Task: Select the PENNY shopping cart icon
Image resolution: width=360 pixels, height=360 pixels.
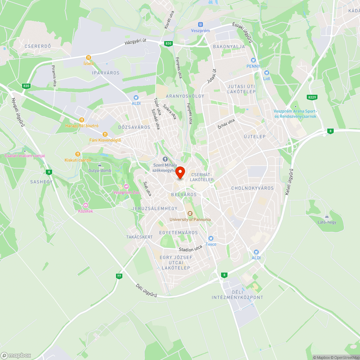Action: tap(253, 60)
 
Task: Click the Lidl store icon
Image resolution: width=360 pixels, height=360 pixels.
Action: tap(266, 73)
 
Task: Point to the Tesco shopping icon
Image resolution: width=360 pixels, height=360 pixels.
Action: tap(211, 238)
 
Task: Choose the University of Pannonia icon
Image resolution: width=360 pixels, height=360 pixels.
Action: tap(190, 213)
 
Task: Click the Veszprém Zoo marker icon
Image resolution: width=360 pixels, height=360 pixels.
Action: tap(126, 186)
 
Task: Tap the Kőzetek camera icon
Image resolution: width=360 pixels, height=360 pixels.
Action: tap(86, 205)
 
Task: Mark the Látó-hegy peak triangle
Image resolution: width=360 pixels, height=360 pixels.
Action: tap(327, 216)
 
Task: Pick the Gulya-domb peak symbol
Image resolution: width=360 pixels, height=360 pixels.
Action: tap(100, 165)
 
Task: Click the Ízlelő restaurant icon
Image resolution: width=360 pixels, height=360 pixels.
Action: tap(89, 58)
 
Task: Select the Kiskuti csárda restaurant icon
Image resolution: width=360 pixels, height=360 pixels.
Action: tap(77, 154)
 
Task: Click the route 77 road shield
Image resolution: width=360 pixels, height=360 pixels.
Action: tap(119, 276)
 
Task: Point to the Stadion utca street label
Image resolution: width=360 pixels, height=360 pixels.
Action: tap(191, 249)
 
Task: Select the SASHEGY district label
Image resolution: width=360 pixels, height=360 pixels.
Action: tap(41, 182)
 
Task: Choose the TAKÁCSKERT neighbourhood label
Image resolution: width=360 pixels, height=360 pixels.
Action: tap(140, 237)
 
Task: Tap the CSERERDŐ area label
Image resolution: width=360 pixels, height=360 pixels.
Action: tap(38, 46)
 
